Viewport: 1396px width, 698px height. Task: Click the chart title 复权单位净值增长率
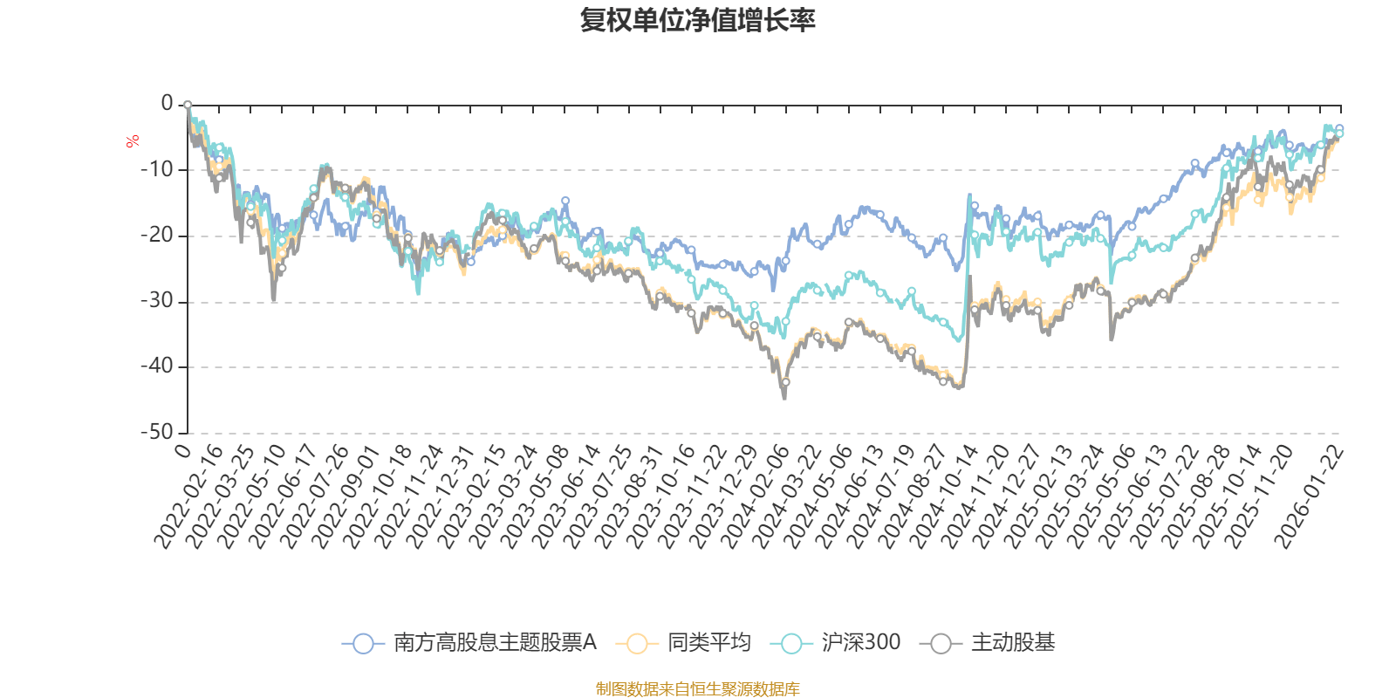coord(697,20)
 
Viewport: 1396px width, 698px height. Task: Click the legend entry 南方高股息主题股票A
coord(494,643)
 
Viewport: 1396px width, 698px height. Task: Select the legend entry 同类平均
coord(708,643)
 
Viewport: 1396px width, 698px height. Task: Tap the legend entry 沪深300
coord(860,643)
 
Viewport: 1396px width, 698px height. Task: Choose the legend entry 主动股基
coord(1012,643)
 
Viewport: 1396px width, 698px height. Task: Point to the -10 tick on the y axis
coord(156,169)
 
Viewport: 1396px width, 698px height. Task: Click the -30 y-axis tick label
coord(156,301)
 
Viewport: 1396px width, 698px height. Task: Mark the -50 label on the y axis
coord(156,432)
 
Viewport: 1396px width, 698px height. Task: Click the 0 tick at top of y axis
coord(167,103)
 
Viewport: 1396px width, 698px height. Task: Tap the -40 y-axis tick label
coord(156,366)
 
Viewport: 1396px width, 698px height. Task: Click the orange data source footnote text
coord(697,689)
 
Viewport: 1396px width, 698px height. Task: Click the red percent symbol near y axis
coord(133,141)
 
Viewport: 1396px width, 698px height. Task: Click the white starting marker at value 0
coord(187,105)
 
